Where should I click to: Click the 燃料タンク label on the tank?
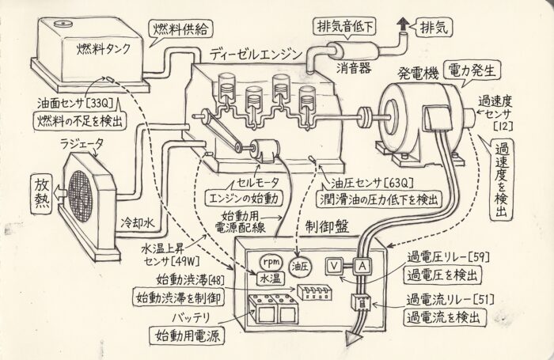(x=104, y=50)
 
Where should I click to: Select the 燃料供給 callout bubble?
(x=181, y=30)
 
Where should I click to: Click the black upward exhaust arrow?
(x=402, y=25)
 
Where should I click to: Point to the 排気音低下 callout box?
(x=344, y=27)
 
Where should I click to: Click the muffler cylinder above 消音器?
(x=353, y=51)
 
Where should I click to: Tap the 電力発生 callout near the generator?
(x=472, y=70)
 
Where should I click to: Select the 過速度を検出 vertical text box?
(x=502, y=180)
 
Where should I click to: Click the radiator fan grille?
(x=81, y=196)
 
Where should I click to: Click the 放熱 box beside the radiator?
(x=43, y=194)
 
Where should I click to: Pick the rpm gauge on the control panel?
(x=271, y=262)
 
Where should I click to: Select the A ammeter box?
(x=362, y=266)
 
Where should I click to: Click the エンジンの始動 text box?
(x=245, y=198)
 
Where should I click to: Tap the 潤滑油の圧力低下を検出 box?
(x=379, y=199)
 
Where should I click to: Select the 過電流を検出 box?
(x=445, y=317)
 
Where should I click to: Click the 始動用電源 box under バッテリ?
(x=188, y=335)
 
